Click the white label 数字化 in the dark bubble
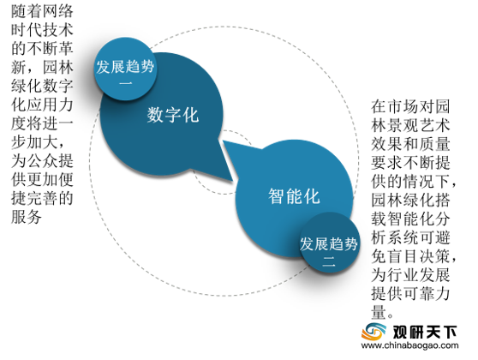click(173, 115)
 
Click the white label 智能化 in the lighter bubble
click(294, 196)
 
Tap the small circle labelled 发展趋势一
click(125, 69)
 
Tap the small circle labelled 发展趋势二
click(329, 243)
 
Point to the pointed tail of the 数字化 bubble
click(230, 180)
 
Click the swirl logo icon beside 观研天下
click(373, 331)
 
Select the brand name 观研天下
click(424, 332)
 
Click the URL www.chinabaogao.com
click(409, 345)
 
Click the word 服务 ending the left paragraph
click(27, 217)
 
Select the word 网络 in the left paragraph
click(57, 11)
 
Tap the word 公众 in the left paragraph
click(42, 161)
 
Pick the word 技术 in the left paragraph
click(57, 30)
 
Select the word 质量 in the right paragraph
click(434, 144)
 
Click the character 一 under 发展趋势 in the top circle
click(125, 83)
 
